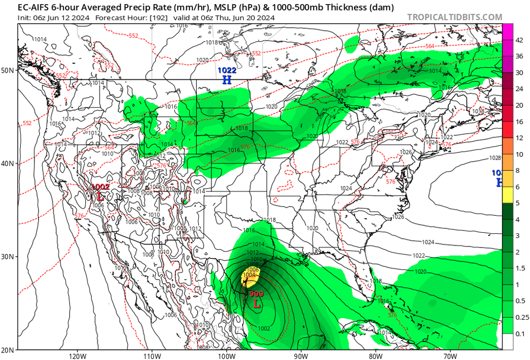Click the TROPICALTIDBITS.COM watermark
[x=455, y=17]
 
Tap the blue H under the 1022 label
[x=227, y=80]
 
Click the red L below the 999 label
[x=257, y=304]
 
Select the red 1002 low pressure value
[x=101, y=187]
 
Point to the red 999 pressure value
[x=256, y=294]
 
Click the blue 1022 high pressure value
[x=227, y=70]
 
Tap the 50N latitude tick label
[x=8, y=70]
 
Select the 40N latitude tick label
[x=8, y=163]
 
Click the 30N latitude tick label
[x=8, y=257]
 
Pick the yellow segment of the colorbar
[x=507, y=195]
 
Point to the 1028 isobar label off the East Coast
[x=495, y=158]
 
